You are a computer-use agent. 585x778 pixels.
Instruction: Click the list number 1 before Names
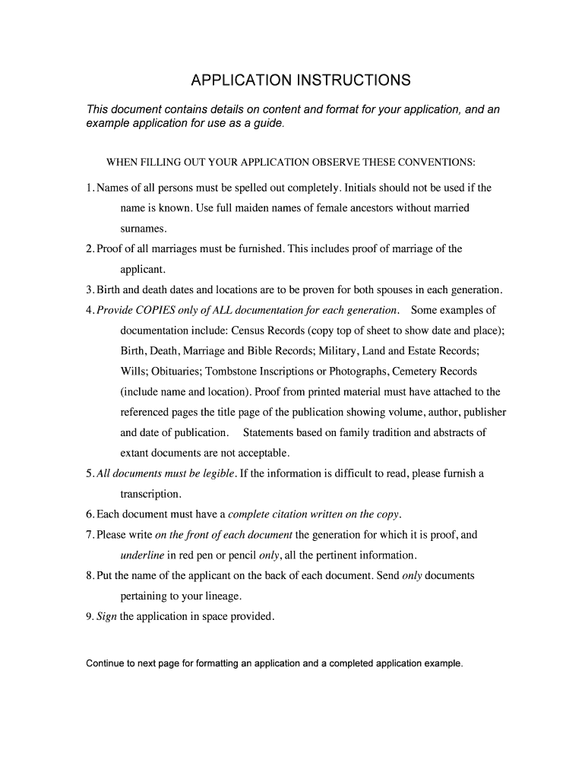(x=90, y=188)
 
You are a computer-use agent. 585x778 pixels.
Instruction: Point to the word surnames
(x=143, y=228)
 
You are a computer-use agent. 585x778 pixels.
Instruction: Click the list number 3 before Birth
(x=90, y=289)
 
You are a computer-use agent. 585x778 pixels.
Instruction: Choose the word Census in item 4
(x=250, y=330)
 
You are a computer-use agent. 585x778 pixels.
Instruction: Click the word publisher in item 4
(x=481, y=413)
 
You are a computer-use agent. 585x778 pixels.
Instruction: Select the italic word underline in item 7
(x=143, y=555)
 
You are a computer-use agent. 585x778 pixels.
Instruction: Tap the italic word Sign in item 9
(x=106, y=616)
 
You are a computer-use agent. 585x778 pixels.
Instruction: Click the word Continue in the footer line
(x=107, y=663)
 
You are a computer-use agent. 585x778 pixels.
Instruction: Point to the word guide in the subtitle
(x=268, y=124)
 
